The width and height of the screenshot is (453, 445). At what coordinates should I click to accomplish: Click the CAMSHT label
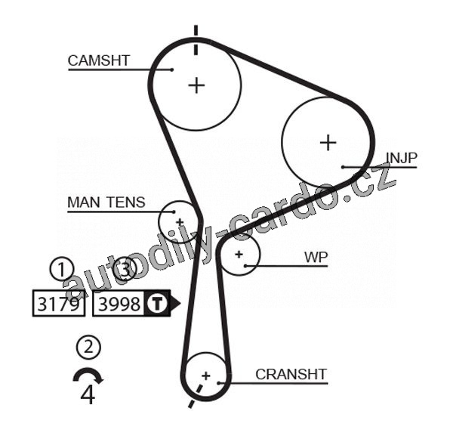point(99,60)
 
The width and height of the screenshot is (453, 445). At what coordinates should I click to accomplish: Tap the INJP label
point(401,157)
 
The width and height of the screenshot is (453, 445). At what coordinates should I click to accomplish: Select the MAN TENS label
point(106,202)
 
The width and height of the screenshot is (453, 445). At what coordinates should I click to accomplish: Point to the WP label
point(316,256)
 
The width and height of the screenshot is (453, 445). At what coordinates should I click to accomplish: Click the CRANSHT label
point(291,374)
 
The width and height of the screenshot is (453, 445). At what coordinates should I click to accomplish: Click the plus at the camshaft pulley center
point(196,85)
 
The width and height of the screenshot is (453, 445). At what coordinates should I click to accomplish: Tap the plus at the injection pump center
point(328,142)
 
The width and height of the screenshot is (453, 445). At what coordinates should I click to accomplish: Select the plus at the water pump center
point(239,255)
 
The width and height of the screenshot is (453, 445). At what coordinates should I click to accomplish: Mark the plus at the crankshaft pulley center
point(205,375)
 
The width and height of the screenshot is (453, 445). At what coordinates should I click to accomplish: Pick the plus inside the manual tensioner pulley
point(180,221)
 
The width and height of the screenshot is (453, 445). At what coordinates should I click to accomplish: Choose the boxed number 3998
point(120,304)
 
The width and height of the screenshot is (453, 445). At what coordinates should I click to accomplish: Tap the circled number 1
point(61,268)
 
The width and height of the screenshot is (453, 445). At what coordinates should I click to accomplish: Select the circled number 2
point(88,348)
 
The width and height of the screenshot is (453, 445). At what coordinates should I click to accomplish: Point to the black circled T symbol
point(156,304)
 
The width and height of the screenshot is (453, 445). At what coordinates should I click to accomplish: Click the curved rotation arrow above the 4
point(88,375)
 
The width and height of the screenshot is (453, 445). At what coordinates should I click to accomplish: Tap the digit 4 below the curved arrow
point(88,394)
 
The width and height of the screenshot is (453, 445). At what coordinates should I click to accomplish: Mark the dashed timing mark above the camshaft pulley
point(196,39)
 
